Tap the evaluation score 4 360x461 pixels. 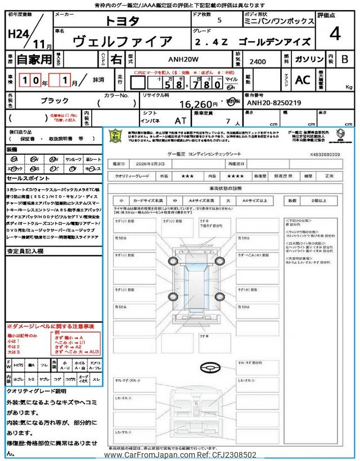tap(335, 34)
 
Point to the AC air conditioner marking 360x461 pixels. tap(302, 80)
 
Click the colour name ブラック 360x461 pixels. tap(55, 100)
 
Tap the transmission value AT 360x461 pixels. tap(180, 120)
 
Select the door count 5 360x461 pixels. tap(219, 20)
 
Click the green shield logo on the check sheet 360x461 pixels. tap(115, 135)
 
